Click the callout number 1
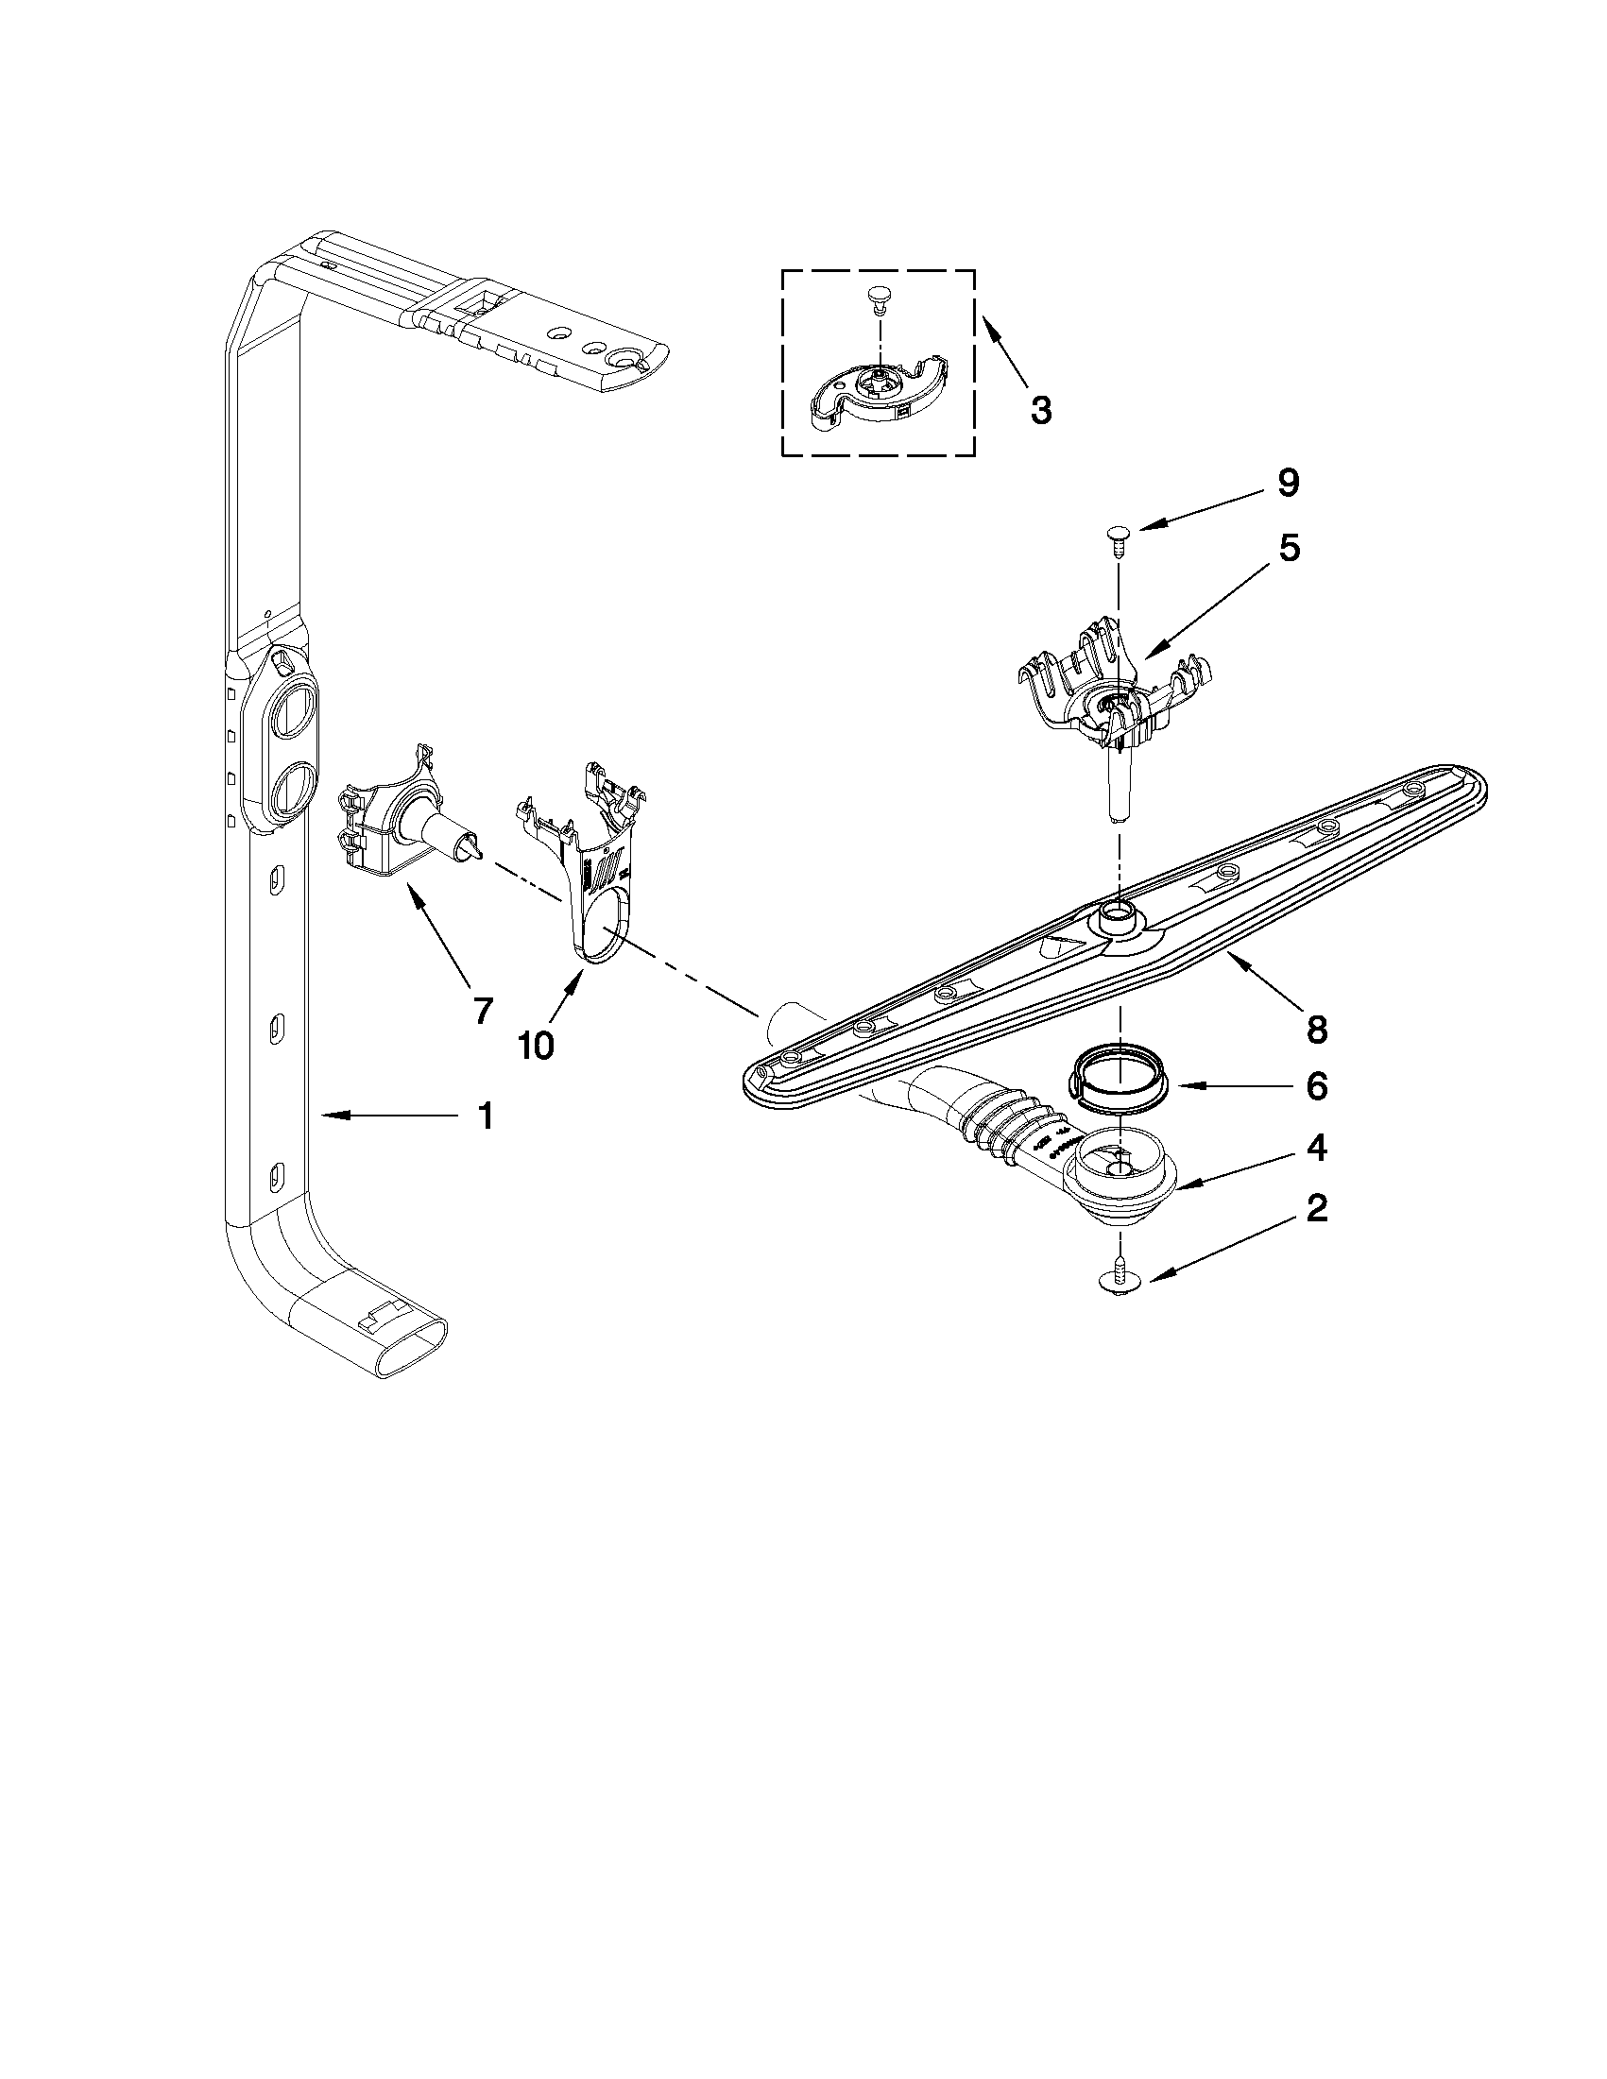[x=485, y=1116]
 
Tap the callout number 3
[x=1040, y=410]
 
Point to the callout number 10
[x=535, y=1046]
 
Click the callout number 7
[x=483, y=1009]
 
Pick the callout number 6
[x=1316, y=1086]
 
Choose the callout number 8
[x=1316, y=1028]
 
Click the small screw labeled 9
[x=1117, y=541]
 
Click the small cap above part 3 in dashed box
[x=878, y=299]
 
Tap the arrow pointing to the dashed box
[x=1004, y=352]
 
